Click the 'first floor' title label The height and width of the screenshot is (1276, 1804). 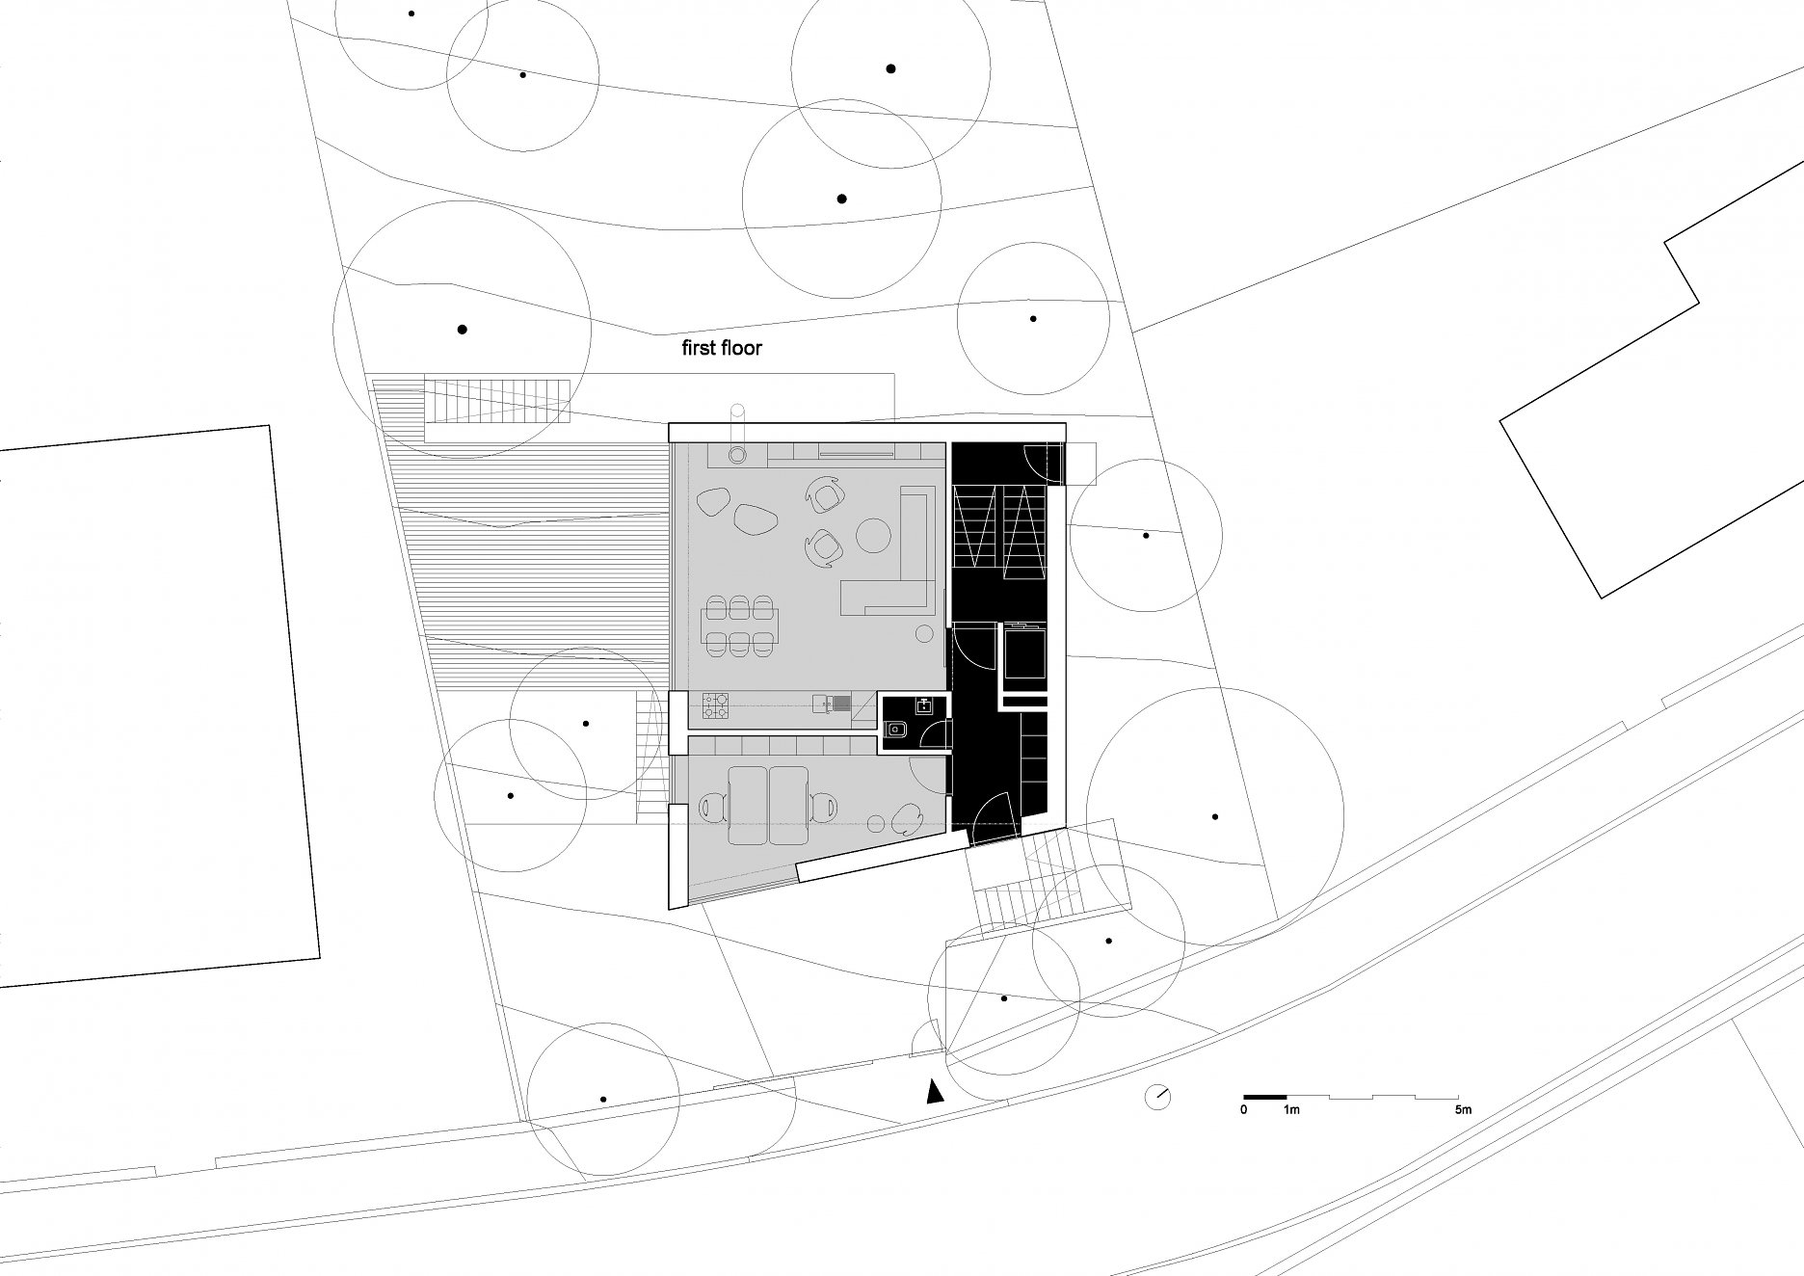722,348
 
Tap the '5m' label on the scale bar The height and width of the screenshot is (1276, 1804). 1464,1110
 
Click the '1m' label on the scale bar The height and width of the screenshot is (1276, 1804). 1291,1110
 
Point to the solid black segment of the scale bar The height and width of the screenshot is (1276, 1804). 1265,1097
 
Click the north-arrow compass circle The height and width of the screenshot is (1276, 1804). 1157,1097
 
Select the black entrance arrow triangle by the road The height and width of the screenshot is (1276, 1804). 933,1091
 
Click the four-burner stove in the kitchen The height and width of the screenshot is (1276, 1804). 716,706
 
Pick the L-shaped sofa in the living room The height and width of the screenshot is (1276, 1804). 889,550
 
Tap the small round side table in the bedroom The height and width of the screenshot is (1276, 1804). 877,824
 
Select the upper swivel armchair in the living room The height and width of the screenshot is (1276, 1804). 825,496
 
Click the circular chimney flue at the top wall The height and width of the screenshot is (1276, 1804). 737,455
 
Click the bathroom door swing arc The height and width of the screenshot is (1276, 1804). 933,736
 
